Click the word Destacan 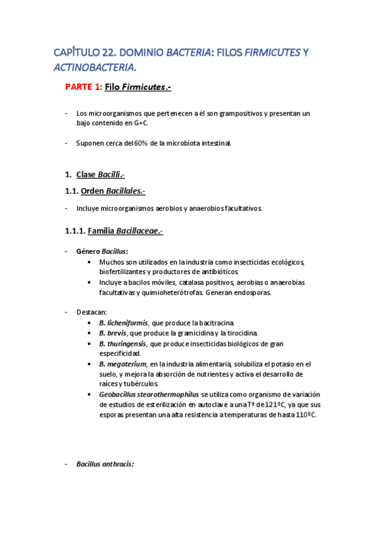(92, 312)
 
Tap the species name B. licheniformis (124, 322)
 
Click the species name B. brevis (112, 332)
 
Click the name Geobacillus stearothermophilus (149, 395)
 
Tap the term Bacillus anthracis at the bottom (104, 465)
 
